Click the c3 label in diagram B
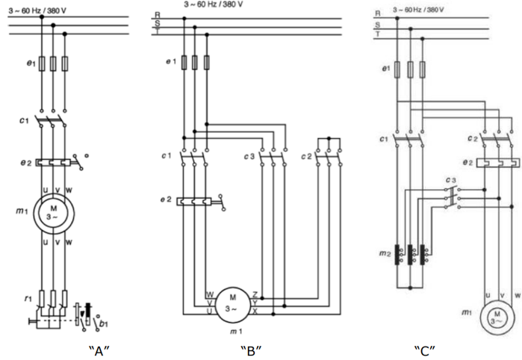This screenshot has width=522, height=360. click(249, 155)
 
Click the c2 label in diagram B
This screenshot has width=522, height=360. click(306, 155)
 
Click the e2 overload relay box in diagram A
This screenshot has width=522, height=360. click(53, 161)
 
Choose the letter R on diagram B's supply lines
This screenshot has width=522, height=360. click(157, 14)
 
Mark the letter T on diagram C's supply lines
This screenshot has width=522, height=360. click(378, 35)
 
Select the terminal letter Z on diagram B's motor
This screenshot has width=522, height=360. click(256, 296)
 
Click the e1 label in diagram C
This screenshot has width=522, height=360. click(385, 69)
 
